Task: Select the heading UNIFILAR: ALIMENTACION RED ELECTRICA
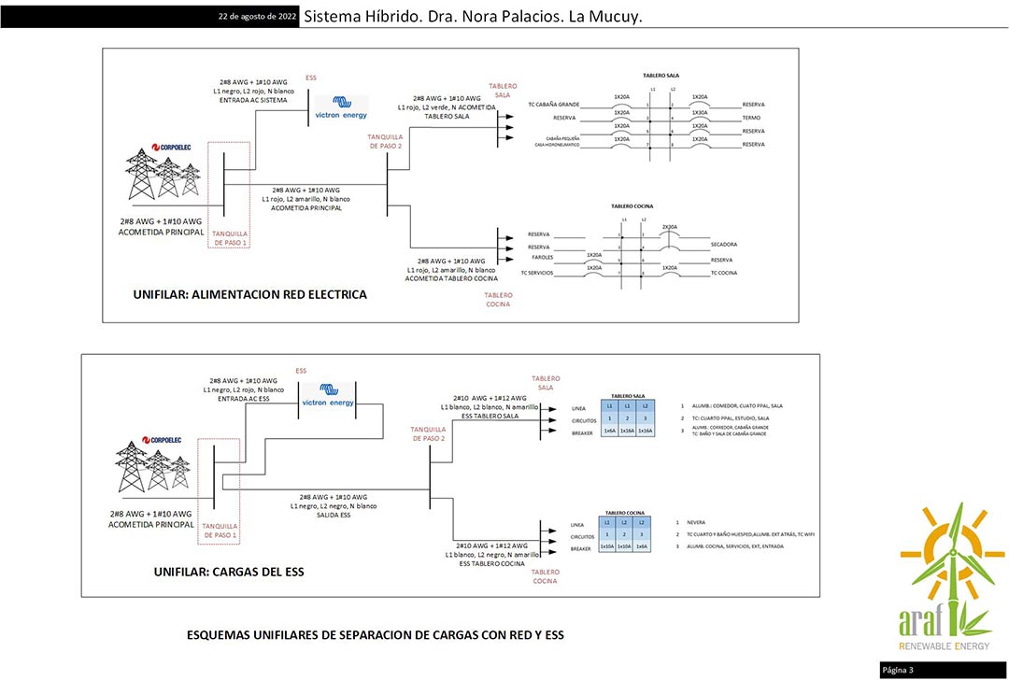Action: click(x=250, y=294)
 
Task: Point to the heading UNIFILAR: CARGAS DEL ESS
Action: click(x=229, y=572)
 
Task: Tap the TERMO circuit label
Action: click(x=751, y=118)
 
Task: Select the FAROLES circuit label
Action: click(x=543, y=257)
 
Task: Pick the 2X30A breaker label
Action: click(x=670, y=227)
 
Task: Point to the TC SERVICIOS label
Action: click(x=537, y=273)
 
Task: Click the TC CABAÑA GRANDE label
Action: click(x=553, y=105)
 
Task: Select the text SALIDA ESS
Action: click(x=333, y=516)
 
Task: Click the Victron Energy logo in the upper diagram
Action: click(x=341, y=108)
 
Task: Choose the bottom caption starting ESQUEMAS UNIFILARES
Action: click(x=376, y=635)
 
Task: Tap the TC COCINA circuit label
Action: click(x=724, y=273)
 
